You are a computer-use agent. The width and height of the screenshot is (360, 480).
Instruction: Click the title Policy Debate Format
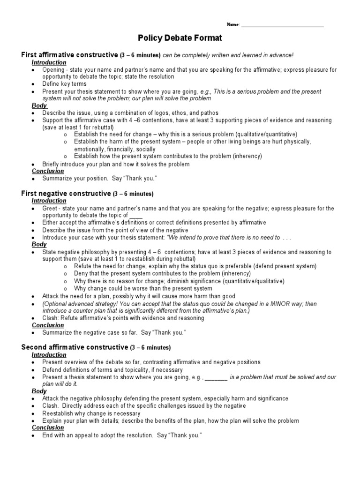click(180, 38)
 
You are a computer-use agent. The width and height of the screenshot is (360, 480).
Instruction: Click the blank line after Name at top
click(282, 25)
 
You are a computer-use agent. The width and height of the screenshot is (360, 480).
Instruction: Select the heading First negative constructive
click(66, 193)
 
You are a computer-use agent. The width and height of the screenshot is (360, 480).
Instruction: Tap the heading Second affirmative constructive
click(74, 347)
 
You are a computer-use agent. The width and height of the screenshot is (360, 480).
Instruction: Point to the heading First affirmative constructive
click(69, 55)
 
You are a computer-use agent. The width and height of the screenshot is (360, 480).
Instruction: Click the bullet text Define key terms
click(64, 84)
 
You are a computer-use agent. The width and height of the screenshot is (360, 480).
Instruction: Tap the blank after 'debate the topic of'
click(135, 215)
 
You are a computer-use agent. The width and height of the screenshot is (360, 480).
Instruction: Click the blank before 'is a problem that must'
click(216, 377)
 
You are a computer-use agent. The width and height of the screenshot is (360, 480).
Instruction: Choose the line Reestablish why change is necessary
click(91, 413)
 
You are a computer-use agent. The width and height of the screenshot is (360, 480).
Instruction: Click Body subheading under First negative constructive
click(39, 244)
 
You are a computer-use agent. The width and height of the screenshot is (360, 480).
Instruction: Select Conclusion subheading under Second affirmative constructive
click(48, 427)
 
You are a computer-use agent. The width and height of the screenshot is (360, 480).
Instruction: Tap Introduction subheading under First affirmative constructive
click(49, 62)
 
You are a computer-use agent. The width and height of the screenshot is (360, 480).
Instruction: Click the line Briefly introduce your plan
click(116, 164)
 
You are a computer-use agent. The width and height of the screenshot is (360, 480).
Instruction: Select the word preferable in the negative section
click(236, 266)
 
